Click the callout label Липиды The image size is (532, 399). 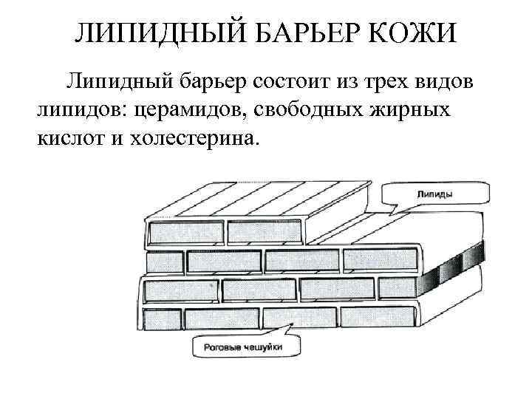pos(436,194)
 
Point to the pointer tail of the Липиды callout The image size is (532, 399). pos(398,209)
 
